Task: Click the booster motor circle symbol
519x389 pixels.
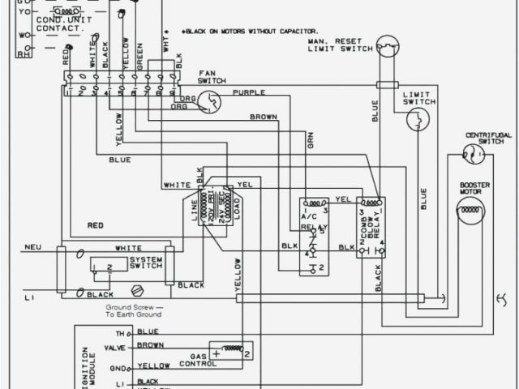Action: point(470,211)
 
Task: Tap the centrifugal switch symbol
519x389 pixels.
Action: point(469,153)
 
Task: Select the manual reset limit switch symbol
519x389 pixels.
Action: point(389,46)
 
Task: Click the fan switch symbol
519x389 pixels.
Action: point(212,100)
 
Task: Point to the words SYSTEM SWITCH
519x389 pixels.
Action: point(146,264)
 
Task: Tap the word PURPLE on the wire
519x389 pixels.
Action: point(248,93)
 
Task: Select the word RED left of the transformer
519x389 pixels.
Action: point(96,224)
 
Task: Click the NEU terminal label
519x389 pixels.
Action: point(32,247)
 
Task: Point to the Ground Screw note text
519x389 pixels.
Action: point(134,311)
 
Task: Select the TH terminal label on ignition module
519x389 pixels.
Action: point(120,332)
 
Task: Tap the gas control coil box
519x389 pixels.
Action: point(231,350)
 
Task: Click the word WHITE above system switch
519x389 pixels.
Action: point(128,248)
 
